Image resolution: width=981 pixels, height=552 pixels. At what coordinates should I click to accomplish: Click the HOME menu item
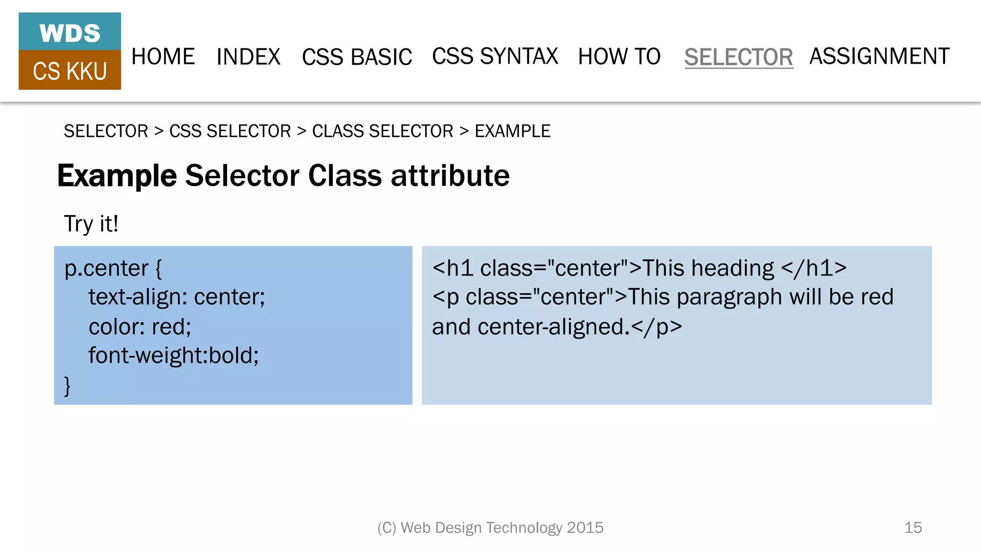pos(163,57)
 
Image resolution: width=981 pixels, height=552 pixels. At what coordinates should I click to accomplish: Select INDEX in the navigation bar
pos(248,57)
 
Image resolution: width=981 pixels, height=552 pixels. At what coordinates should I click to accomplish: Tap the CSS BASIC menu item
pos(357,57)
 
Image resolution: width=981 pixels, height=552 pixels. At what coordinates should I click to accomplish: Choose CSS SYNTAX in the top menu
pos(495,57)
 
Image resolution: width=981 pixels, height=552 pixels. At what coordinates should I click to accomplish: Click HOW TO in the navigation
pos(619,57)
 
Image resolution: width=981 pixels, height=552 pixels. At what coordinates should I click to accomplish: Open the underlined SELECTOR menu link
pos(739,57)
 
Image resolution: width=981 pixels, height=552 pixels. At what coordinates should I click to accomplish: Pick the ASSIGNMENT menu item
pos(879,57)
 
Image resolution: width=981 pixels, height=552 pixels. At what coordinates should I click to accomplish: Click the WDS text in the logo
pos(70,33)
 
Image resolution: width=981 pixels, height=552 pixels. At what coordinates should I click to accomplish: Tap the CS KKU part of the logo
pos(70,71)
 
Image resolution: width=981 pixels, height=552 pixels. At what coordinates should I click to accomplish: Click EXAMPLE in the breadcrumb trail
pos(513,131)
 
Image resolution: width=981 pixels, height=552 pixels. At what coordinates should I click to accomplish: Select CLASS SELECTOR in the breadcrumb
pos(382,131)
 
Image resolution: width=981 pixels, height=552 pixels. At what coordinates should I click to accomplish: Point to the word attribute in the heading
pos(450,175)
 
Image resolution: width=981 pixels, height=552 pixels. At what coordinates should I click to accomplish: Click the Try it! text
pos(91,224)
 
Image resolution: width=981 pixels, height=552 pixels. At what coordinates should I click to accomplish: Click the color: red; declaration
pos(140,327)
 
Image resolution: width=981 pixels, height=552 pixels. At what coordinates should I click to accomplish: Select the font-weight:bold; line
pos(173,356)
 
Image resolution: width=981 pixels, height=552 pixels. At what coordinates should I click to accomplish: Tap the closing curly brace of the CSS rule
pos(68,385)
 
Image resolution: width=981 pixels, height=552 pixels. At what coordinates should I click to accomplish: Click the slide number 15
pos(913,528)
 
